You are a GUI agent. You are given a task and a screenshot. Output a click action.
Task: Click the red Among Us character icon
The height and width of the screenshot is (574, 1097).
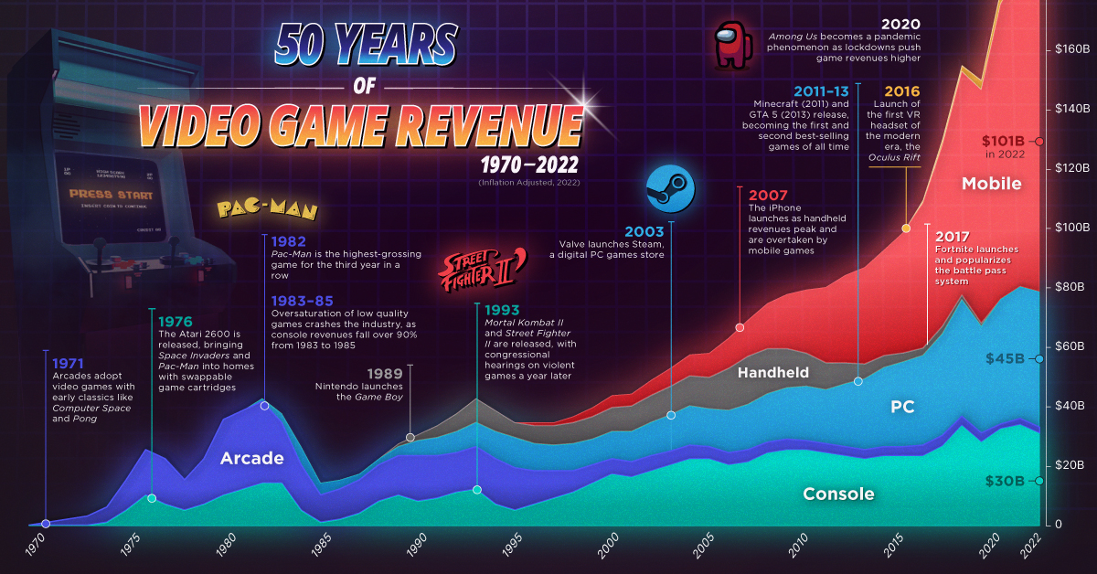731,46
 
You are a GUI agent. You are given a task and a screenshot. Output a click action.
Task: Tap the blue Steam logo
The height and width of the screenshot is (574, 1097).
669,190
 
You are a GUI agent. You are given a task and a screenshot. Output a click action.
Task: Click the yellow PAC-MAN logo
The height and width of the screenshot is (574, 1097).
267,210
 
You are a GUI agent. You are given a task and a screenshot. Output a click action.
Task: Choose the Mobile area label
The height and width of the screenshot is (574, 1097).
991,184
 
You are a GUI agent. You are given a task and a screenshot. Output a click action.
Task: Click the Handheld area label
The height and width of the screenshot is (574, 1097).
773,372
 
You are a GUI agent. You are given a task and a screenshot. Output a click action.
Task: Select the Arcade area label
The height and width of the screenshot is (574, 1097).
251,458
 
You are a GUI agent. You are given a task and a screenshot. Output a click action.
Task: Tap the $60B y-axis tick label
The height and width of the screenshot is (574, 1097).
1067,346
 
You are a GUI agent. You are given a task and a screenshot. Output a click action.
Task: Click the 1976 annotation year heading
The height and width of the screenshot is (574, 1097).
174,322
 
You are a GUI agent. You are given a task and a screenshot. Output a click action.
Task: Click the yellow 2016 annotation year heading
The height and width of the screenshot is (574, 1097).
901,90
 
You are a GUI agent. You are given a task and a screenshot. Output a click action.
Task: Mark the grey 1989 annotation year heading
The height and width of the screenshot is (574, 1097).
383,374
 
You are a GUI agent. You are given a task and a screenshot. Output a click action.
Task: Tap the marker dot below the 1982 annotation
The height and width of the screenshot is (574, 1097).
264,405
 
